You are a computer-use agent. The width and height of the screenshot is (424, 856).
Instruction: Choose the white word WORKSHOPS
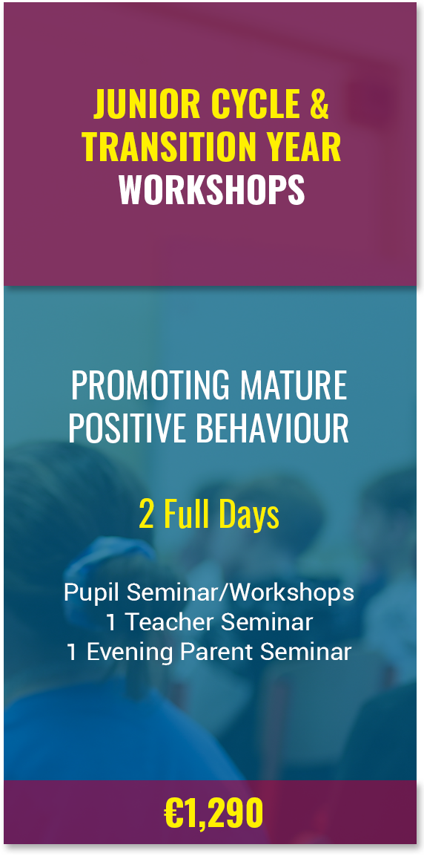click(212, 189)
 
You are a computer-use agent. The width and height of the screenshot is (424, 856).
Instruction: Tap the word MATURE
click(295, 385)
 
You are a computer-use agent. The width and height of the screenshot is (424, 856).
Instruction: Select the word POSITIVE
click(127, 428)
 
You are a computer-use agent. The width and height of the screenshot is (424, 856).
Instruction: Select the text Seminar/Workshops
click(234, 593)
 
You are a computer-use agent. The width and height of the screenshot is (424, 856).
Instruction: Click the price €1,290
click(213, 814)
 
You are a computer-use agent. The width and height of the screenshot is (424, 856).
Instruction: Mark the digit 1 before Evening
click(72, 652)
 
